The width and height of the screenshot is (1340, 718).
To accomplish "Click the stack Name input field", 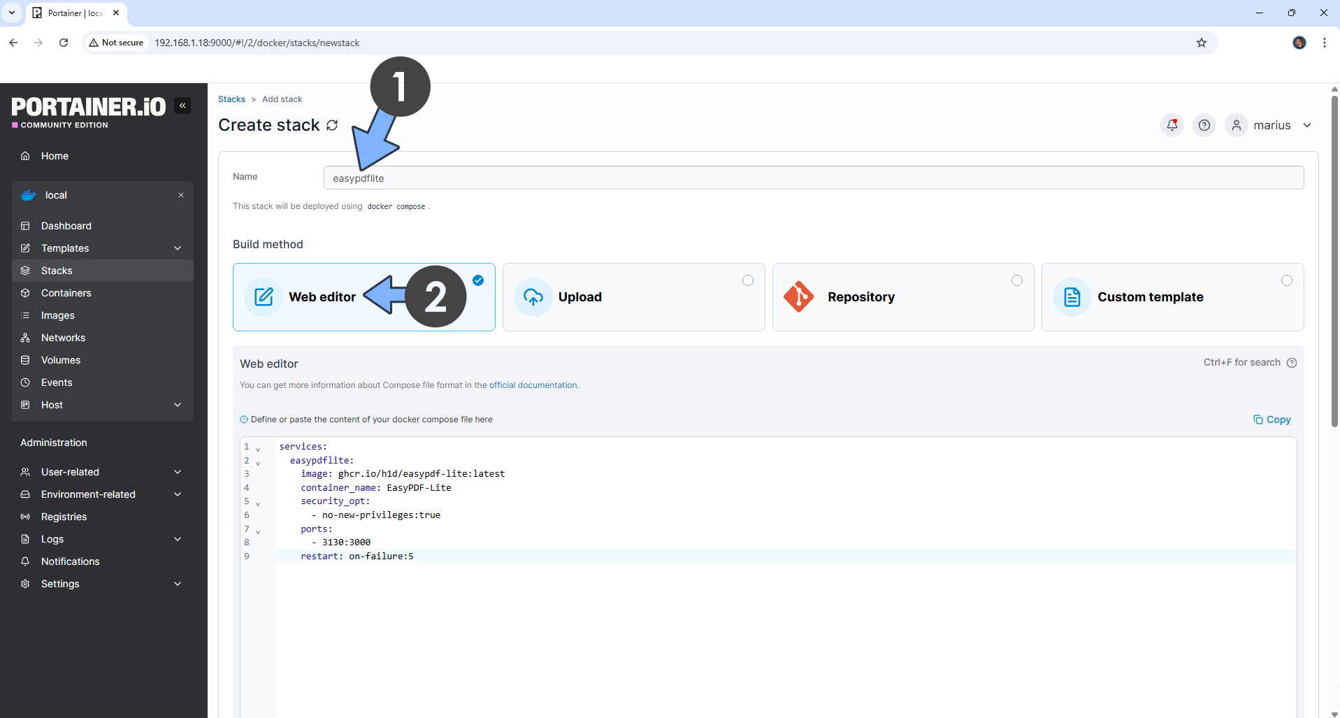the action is tap(813, 178).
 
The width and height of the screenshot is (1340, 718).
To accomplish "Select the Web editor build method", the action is tap(363, 296).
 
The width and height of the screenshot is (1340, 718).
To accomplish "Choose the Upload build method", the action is tap(633, 296).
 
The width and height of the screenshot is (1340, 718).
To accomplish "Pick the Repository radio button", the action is tap(1017, 280).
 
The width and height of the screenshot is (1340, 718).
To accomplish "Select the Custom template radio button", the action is tap(1287, 280).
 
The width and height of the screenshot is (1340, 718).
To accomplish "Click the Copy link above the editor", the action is tap(1272, 419).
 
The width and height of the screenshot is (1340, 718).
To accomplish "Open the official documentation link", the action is tap(533, 385).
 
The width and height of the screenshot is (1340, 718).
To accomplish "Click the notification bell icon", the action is tap(1172, 125).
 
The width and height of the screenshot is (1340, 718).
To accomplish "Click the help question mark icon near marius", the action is tap(1204, 125).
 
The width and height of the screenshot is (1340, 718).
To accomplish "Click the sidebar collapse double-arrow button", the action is tap(182, 106).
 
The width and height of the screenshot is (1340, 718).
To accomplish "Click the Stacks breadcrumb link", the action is tap(231, 99).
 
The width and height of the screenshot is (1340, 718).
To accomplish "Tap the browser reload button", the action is tap(64, 43).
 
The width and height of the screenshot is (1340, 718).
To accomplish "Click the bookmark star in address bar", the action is tap(1202, 43).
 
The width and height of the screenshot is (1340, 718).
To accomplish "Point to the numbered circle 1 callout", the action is tap(400, 87).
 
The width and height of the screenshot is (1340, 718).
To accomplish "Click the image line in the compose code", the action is tap(403, 474).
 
